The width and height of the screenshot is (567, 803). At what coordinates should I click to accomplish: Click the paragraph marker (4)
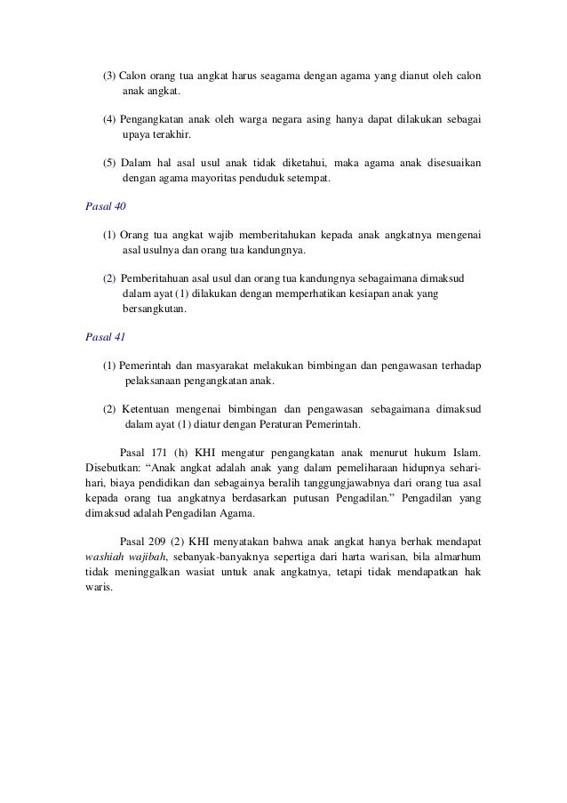coord(109,118)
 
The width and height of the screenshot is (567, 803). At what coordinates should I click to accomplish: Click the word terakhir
coord(171,134)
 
